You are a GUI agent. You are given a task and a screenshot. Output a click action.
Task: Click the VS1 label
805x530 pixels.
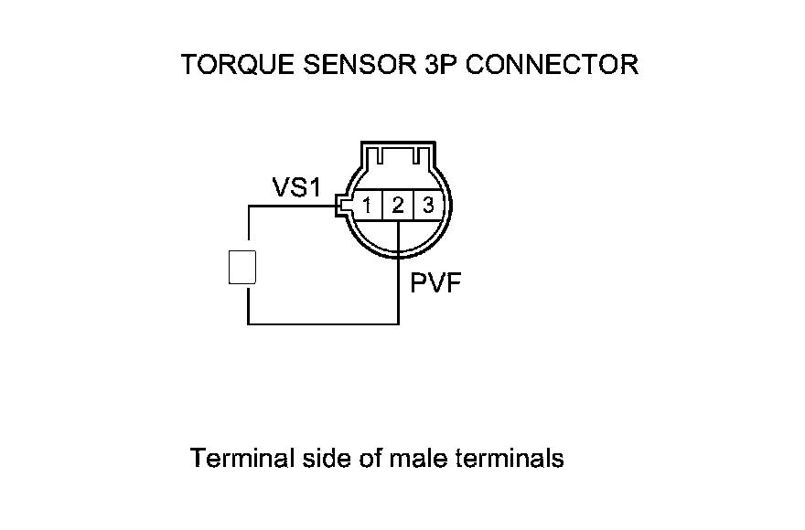pyautogui.click(x=296, y=187)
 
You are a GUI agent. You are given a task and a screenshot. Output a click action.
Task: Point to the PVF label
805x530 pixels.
pyautogui.click(x=435, y=283)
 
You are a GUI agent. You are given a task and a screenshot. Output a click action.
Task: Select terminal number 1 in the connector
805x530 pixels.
pyautogui.click(x=366, y=206)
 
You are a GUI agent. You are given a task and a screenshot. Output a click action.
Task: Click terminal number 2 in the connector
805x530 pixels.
pyautogui.click(x=398, y=206)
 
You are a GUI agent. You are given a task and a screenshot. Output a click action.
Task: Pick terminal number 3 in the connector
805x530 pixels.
pyautogui.click(x=428, y=206)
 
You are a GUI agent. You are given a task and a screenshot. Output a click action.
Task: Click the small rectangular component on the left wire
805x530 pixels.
pyautogui.click(x=241, y=266)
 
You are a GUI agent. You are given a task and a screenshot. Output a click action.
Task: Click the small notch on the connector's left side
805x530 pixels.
pyautogui.click(x=343, y=205)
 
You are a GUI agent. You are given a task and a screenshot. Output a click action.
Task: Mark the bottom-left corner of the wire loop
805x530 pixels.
pyautogui.click(x=248, y=323)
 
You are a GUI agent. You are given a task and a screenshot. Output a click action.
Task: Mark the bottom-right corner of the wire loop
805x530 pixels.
pyautogui.click(x=399, y=323)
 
